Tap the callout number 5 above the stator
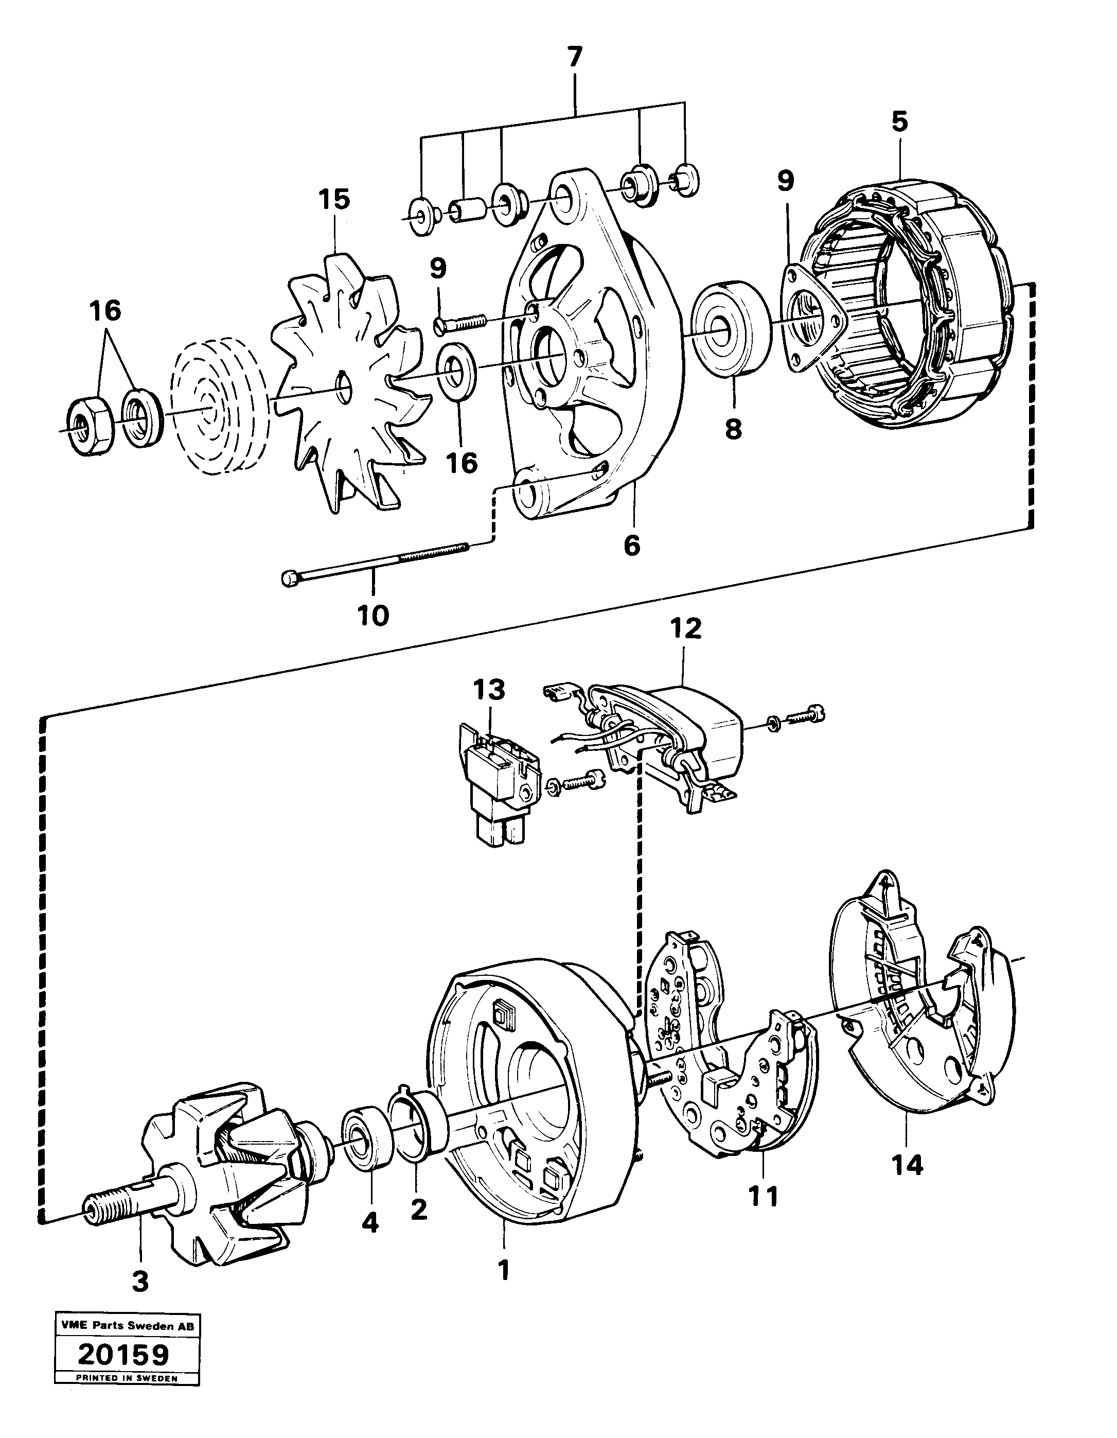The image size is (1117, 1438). pyautogui.click(x=899, y=122)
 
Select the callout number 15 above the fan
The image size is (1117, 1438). pyautogui.click(x=334, y=199)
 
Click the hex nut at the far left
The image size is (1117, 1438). pyautogui.click(x=89, y=426)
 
